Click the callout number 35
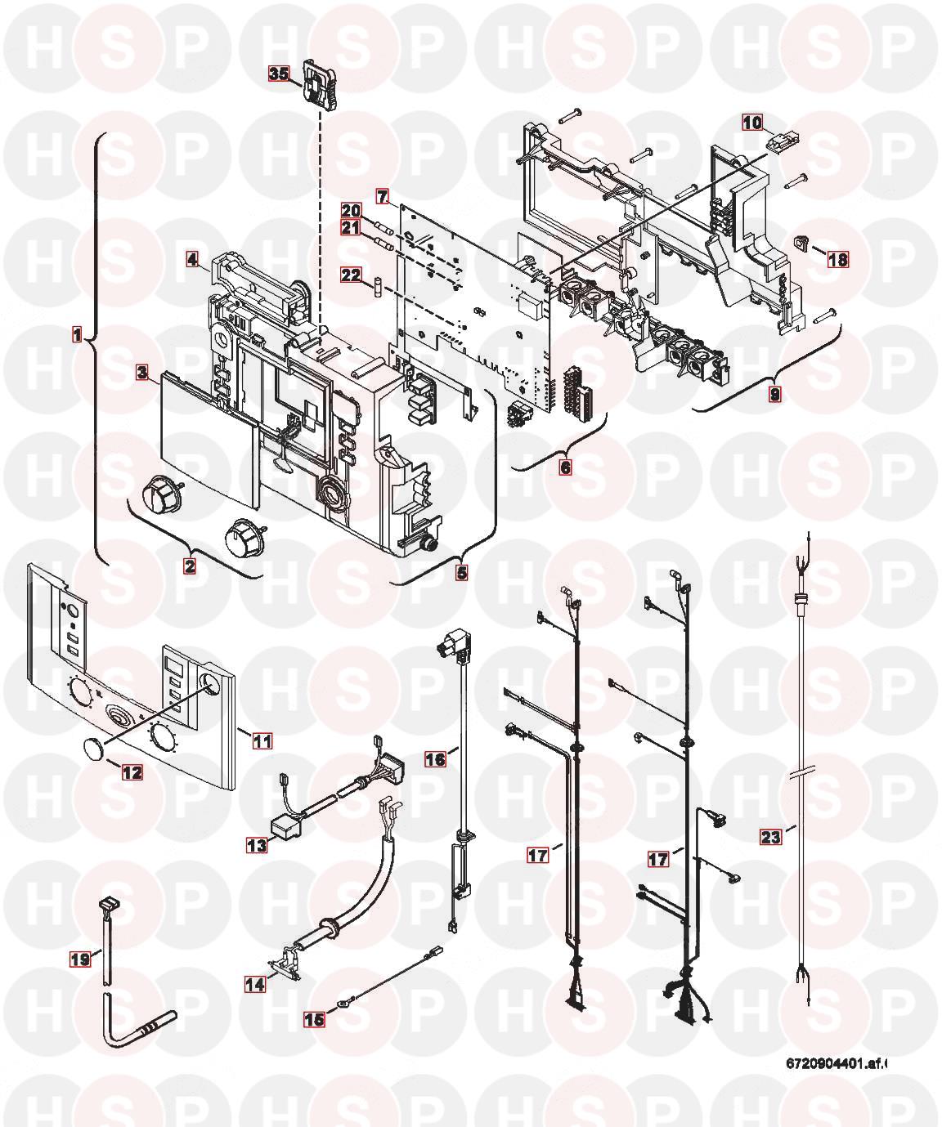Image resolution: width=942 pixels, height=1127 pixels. coord(279,74)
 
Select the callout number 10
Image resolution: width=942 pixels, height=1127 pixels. coord(751,123)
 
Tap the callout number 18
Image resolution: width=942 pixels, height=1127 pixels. coord(837,260)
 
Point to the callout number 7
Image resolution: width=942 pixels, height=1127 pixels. coord(381,196)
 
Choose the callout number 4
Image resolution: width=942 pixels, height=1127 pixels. coord(191,260)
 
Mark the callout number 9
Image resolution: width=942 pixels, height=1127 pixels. coord(774,394)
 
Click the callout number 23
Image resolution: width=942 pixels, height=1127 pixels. coord(771,836)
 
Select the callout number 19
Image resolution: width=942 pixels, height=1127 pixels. coord(79,959)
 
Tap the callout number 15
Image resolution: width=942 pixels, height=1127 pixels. coord(314,1018)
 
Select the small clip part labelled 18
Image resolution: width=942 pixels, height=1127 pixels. coord(802,242)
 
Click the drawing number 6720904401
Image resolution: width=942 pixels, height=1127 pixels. coord(835,1063)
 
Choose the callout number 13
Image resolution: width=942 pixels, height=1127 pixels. coord(258,846)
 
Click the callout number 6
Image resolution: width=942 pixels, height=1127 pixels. coord(565,467)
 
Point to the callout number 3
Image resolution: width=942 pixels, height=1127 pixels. coord(142,373)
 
